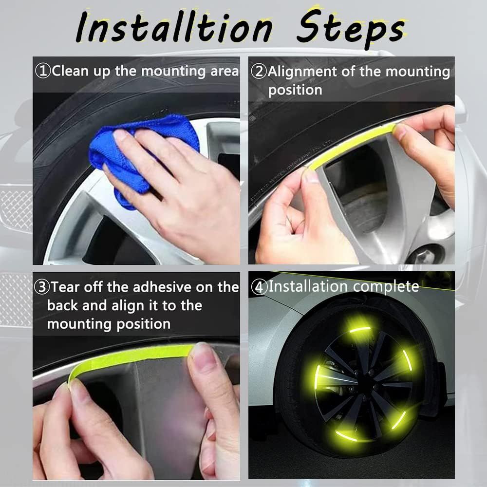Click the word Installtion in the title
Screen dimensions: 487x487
pyautogui.click(x=173, y=28)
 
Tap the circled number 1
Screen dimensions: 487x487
pyautogui.click(x=43, y=71)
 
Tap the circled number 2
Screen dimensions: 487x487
pyautogui.click(x=259, y=72)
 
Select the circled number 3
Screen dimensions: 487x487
pyautogui.click(x=42, y=287)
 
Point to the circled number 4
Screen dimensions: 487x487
pyautogui.click(x=260, y=287)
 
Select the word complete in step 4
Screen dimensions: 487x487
pyautogui.click(x=386, y=286)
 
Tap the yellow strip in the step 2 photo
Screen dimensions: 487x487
pyautogui.click(x=351, y=144)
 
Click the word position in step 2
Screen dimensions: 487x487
pyautogui.click(x=295, y=90)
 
